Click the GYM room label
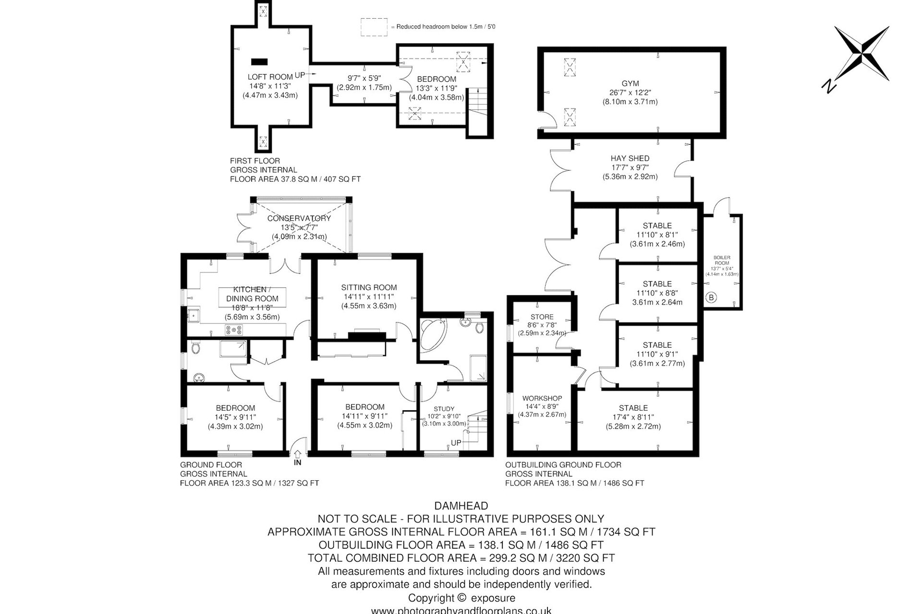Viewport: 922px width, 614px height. (x=630, y=83)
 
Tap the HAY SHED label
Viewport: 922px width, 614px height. (x=630, y=158)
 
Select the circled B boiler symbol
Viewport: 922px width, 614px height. (x=711, y=297)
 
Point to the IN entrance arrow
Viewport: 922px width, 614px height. (x=298, y=453)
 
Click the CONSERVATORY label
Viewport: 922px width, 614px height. (x=299, y=218)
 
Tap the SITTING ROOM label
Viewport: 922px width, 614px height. (x=369, y=287)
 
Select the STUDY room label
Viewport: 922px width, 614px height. (x=444, y=409)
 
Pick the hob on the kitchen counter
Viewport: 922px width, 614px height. (x=234, y=329)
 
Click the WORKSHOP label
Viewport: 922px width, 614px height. (x=542, y=398)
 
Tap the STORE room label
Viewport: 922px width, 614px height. (x=542, y=317)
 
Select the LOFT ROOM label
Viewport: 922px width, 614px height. (x=270, y=77)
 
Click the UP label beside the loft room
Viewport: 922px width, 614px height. (x=300, y=75)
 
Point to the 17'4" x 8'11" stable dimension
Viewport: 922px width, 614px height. (x=633, y=417)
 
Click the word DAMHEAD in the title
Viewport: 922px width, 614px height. (x=461, y=506)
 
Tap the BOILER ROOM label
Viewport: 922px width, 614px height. (x=722, y=260)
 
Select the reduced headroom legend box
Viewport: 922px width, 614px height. (x=374, y=27)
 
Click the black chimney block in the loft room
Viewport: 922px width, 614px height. (x=259, y=61)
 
